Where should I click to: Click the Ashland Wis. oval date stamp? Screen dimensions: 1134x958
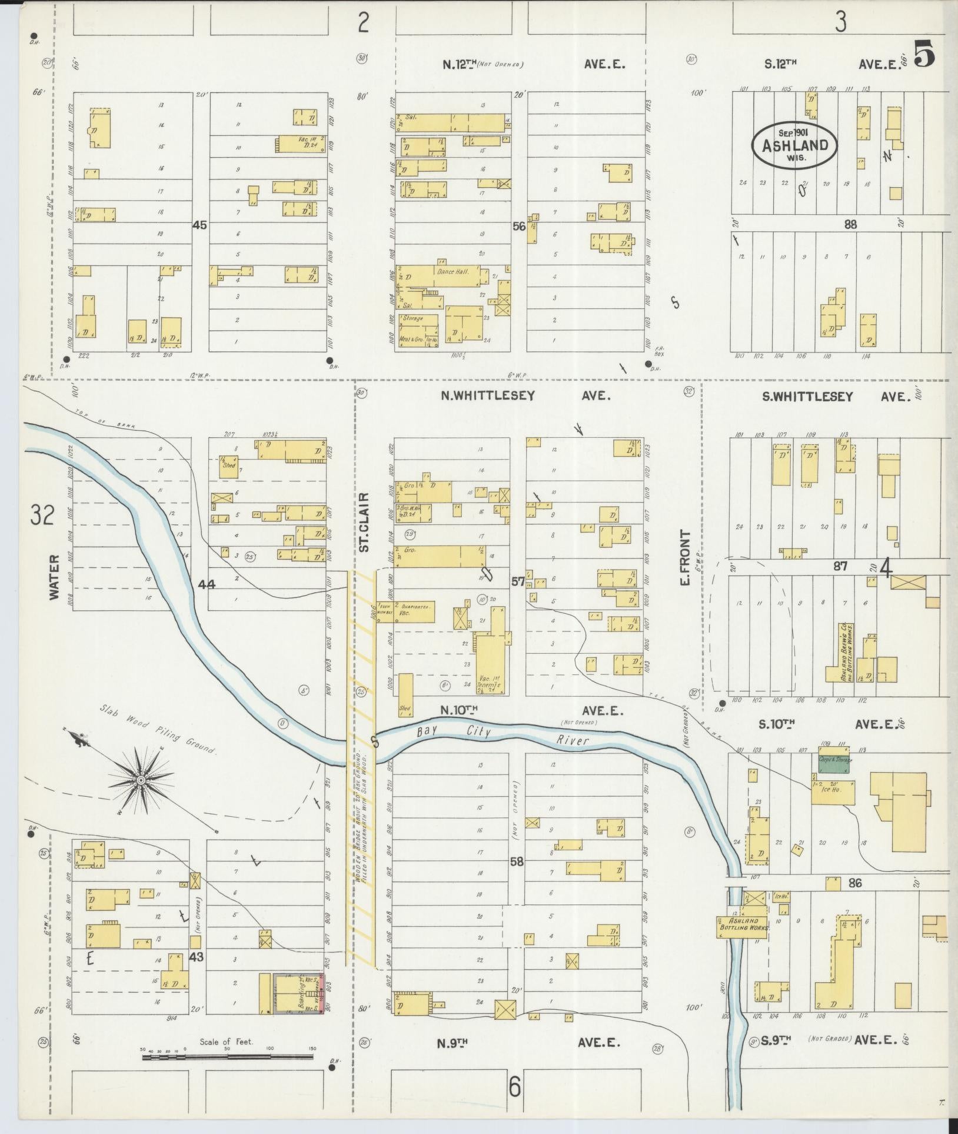click(794, 144)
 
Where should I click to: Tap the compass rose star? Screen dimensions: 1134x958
click(141, 780)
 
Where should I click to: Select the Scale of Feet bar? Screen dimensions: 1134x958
click(227, 1057)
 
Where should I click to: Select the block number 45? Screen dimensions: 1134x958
click(199, 224)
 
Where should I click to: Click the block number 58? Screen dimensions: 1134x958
click(517, 861)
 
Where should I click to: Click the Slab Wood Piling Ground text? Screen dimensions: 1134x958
click(159, 727)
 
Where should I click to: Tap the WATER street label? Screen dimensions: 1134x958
click(55, 577)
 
